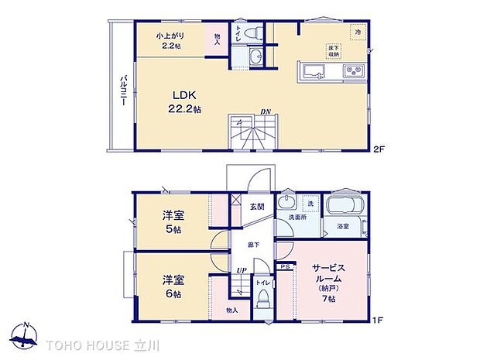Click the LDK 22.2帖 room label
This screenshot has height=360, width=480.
tap(183, 102)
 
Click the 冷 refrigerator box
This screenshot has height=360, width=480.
tap(358, 31)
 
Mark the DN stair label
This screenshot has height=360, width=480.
tap(265, 111)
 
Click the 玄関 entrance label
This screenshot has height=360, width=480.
tap(257, 207)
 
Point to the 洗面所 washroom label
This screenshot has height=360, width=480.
tap(298, 219)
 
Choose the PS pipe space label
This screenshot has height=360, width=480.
tap(284, 266)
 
